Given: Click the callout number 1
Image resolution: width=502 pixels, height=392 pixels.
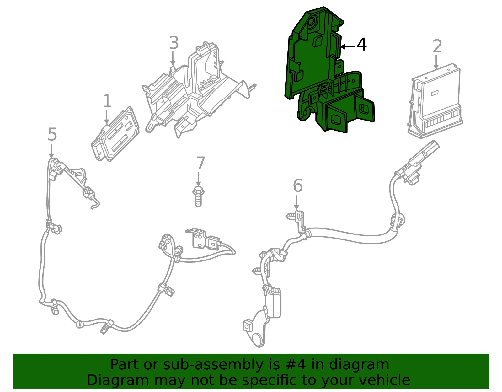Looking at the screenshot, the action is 107,101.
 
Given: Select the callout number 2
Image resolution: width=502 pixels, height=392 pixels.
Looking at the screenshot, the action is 437,46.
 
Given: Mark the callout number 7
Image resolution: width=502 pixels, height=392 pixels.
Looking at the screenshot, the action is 200,163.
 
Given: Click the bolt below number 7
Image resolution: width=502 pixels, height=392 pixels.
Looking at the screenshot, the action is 198,196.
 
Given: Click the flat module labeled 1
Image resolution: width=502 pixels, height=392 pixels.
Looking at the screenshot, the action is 115,134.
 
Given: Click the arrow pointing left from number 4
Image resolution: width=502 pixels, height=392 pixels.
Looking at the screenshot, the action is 347,47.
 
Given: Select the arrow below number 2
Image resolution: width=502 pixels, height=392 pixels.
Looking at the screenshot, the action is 436,62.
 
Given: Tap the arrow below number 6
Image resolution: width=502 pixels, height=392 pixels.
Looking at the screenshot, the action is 296,202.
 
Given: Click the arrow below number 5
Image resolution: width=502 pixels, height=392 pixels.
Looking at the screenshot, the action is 51,151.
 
